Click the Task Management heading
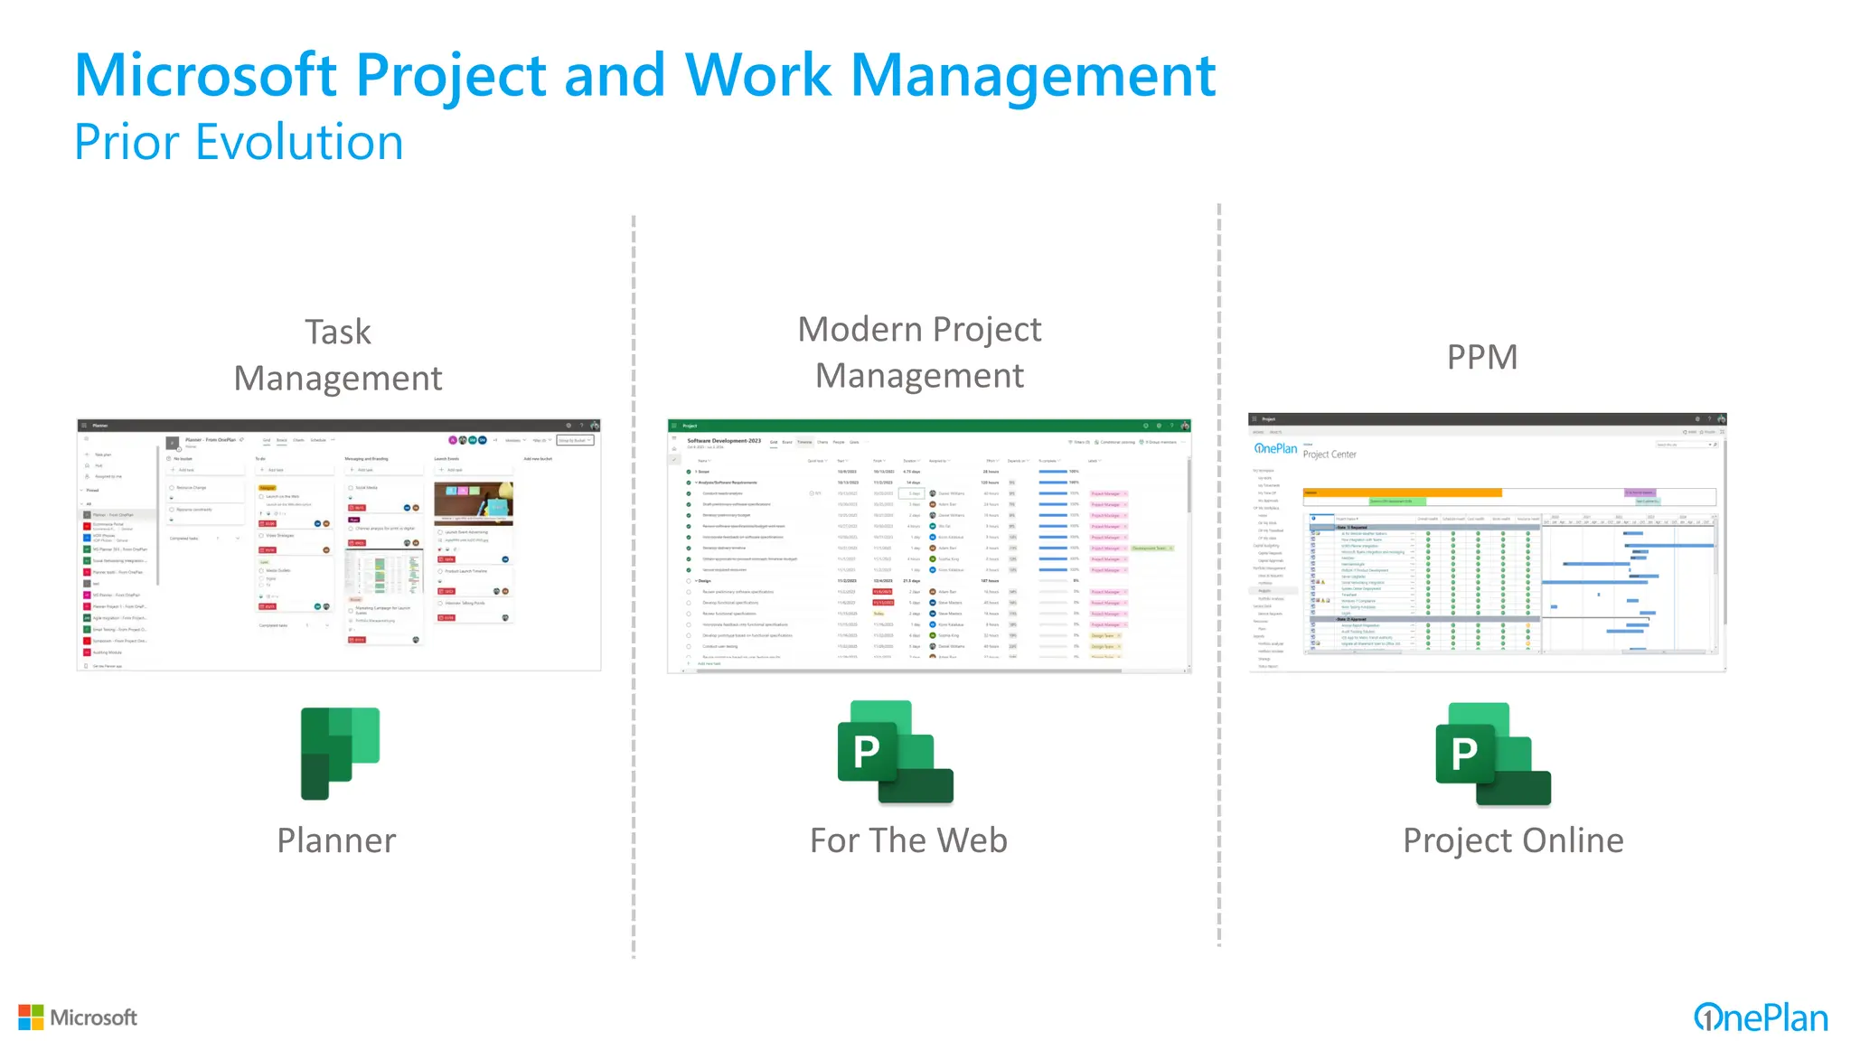(x=338, y=355)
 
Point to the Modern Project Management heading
(x=919, y=352)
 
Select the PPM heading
(x=1481, y=357)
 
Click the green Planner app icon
(x=340, y=753)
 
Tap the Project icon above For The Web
(x=895, y=752)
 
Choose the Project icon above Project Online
(x=1493, y=754)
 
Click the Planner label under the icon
(x=336, y=840)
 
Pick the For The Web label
(x=908, y=840)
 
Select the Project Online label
(x=1513, y=840)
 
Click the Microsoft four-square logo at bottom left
(x=31, y=1017)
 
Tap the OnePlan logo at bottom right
(x=1760, y=1018)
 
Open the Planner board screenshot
(x=339, y=546)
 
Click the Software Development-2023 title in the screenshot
(x=724, y=441)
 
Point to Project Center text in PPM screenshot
(x=1330, y=455)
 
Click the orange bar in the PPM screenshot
(x=1402, y=492)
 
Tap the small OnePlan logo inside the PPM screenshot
(x=1275, y=448)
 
